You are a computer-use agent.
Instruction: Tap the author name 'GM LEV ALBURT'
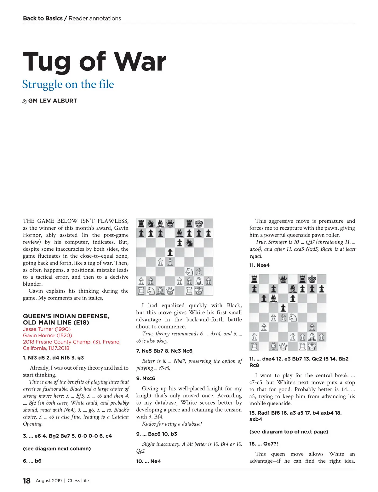pos(52,101)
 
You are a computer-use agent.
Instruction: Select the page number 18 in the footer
pos(27,481)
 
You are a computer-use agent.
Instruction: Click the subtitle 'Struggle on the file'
pos(68,84)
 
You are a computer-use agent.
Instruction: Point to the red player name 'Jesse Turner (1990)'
pos(47,329)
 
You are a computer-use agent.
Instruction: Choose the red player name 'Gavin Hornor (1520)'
pos(47,335)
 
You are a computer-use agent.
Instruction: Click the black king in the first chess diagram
pos(199,224)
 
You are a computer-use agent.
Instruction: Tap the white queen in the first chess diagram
pos(170,291)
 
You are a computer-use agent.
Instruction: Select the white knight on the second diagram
pos(293,318)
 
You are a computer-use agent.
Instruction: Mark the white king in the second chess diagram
pos(312,346)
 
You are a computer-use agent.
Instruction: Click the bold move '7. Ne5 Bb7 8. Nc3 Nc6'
pos(164,351)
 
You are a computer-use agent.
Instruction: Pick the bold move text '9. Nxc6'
pos(146,378)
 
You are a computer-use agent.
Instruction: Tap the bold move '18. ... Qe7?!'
pos(264,444)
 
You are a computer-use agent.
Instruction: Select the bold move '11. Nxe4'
pos(259,265)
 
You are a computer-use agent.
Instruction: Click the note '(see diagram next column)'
pos(57,449)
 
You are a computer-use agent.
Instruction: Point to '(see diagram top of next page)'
pos(289,432)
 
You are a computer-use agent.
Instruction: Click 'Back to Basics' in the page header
pos(43,18)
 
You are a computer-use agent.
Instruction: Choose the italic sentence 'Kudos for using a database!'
pos(172,424)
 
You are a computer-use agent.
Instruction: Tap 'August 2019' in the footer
pos(49,481)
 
